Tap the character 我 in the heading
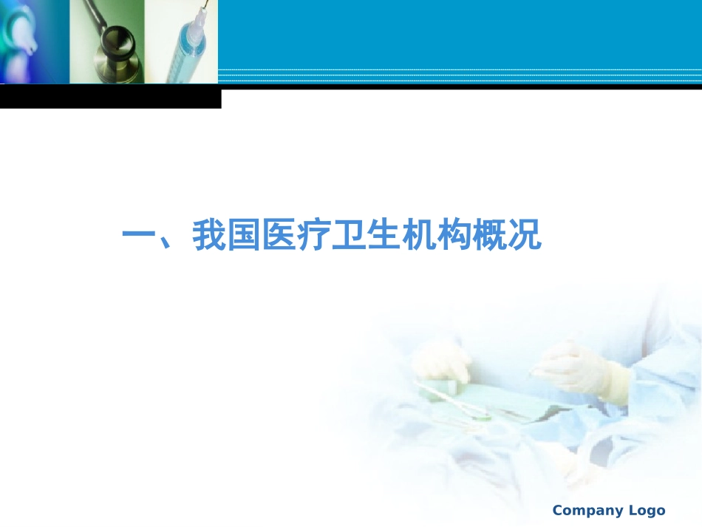tap(209, 236)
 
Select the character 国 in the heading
tap(244, 236)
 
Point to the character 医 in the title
tap(279, 236)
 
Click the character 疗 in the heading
tap(314, 236)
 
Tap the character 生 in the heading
tap(384, 236)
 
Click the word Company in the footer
tap(588, 511)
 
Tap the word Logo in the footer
tap(647, 510)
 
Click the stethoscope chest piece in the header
tap(116, 43)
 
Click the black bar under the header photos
tap(111, 98)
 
